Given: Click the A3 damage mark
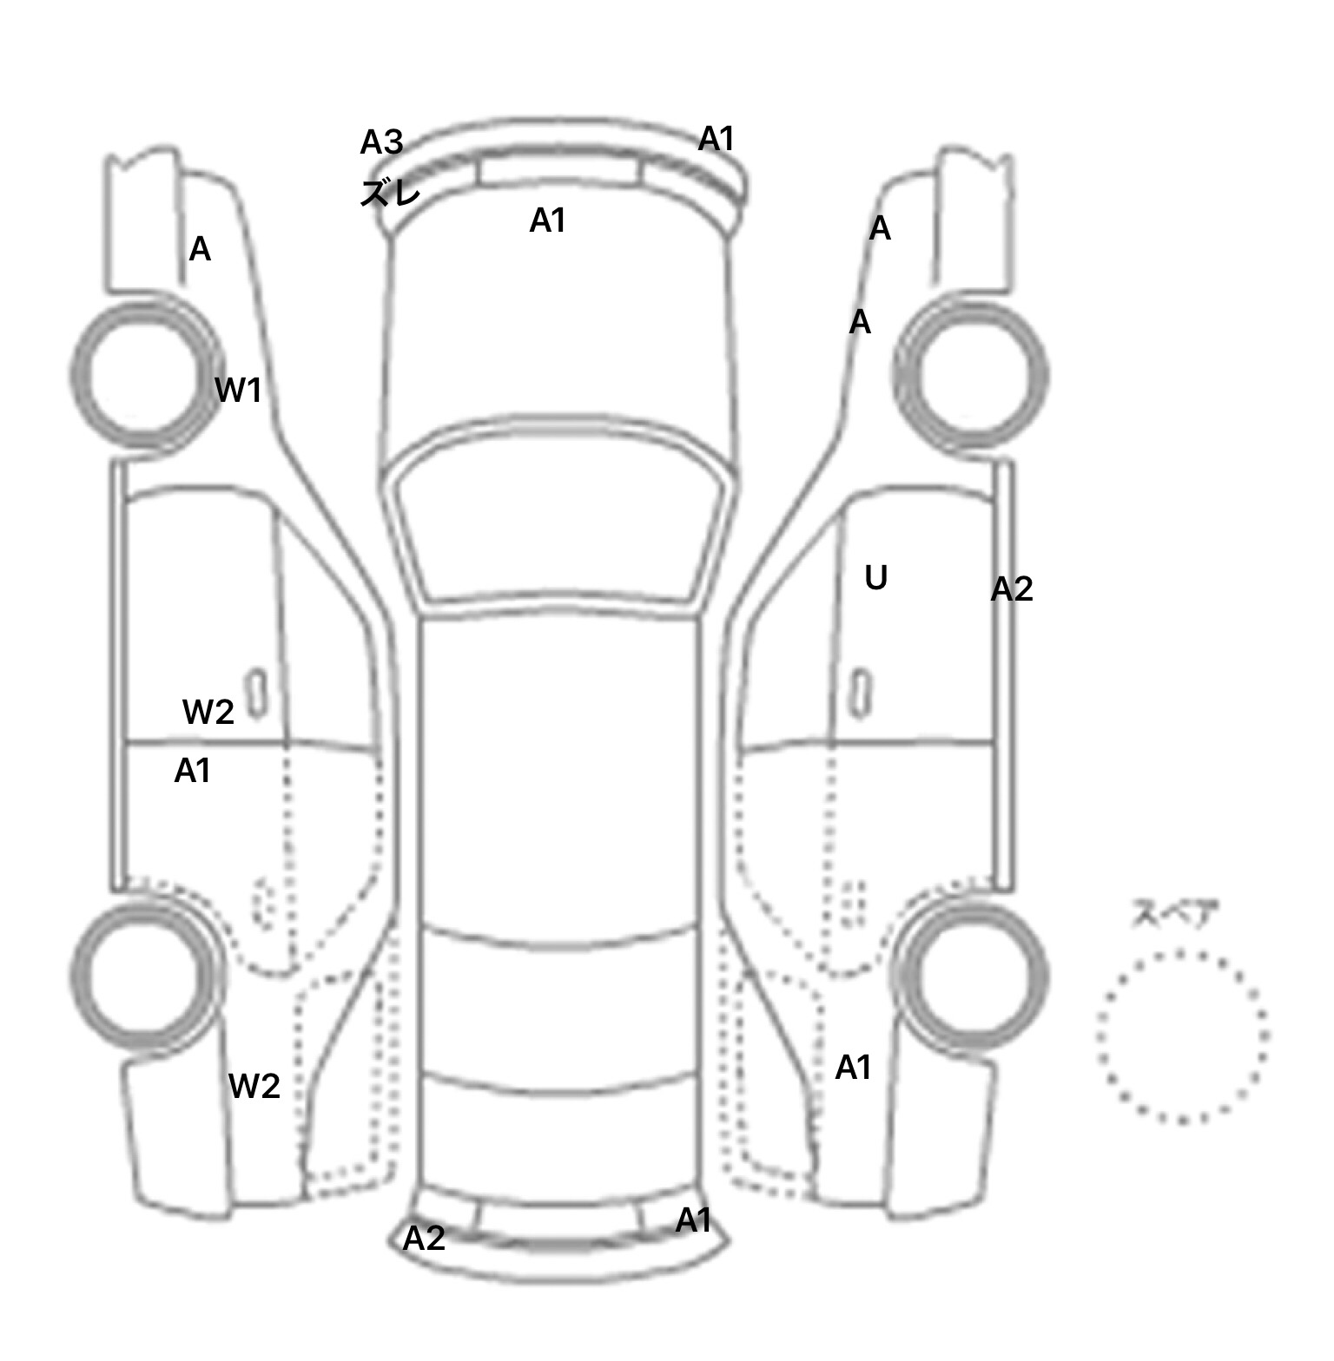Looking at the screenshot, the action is tap(382, 142).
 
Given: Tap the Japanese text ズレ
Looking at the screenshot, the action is tap(390, 194).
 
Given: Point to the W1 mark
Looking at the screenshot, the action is tap(238, 391).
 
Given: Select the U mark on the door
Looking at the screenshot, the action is tap(875, 578).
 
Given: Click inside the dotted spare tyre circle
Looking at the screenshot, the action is tap(1181, 1036).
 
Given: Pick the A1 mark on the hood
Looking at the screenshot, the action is tap(547, 221).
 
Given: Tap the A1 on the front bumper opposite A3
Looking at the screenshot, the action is tap(717, 139).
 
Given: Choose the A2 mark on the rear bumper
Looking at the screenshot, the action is tap(424, 1239).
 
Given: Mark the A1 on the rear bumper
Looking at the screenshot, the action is tap(693, 1221).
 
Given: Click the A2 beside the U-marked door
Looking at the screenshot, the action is tap(1012, 589).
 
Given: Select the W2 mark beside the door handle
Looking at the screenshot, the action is tap(208, 713).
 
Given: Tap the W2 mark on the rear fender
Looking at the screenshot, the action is tap(254, 1086).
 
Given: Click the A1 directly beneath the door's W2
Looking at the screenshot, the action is tap(193, 771).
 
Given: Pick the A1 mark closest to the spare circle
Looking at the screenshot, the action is tap(853, 1068).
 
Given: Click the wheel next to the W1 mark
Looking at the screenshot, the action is tap(144, 375).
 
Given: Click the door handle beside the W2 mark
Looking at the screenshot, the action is tap(256, 693).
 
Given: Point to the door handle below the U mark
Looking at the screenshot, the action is tap(861, 694).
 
